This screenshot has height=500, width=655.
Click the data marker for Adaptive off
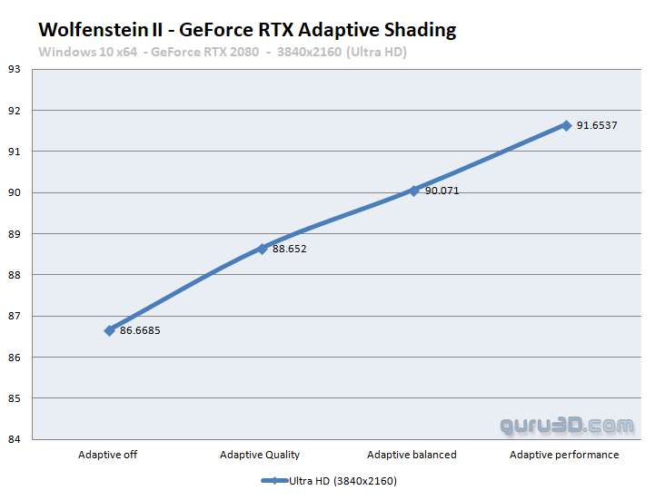point(109,330)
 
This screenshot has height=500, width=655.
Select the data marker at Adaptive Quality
point(262,249)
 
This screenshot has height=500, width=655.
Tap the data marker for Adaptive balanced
point(413,191)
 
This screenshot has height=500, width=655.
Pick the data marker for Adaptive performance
point(566,125)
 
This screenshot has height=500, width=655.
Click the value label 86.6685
point(139,330)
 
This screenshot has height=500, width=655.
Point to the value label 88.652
point(289,249)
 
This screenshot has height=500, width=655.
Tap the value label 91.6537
point(597,125)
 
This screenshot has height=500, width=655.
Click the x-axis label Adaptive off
point(108,455)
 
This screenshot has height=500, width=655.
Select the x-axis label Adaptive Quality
point(261,455)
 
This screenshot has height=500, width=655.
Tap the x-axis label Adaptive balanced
point(412,455)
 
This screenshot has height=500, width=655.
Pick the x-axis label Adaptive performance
point(564,455)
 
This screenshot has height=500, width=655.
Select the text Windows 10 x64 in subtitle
point(87,52)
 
